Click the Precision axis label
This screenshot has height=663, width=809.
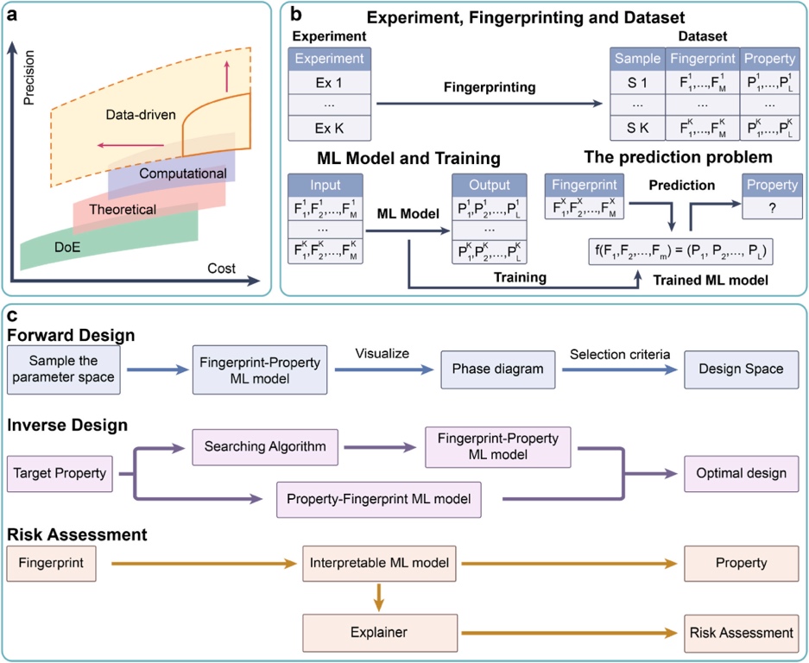click(x=28, y=78)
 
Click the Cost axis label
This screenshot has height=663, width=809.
click(x=221, y=268)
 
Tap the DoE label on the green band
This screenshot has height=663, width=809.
click(x=67, y=247)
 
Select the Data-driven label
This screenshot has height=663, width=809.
click(x=141, y=115)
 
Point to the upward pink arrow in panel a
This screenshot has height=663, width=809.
click(x=226, y=76)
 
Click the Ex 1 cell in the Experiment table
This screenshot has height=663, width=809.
click(x=329, y=83)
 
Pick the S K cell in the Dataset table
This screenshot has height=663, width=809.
click(x=638, y=128)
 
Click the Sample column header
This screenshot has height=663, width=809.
click(x=638, y=59)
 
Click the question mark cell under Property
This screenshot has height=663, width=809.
click(x=772, y=208)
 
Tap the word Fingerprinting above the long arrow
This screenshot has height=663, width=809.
click(x=490, y=87)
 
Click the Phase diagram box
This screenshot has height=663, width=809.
click(x=498, y=369)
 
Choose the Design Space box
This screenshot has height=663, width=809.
click(x=741, y=369)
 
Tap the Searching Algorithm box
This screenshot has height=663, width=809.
click(x=265, y=447)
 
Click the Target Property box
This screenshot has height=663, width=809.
click(x=60, y=474)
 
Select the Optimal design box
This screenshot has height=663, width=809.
click(x=741, y=474)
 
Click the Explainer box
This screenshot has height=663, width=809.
click(x=380, y=633)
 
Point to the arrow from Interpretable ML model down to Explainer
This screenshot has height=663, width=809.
click(x=379, y=597)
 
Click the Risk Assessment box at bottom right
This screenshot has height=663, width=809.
click(x=741, y=633)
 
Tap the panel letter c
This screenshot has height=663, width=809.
click(x=12, y=315)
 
